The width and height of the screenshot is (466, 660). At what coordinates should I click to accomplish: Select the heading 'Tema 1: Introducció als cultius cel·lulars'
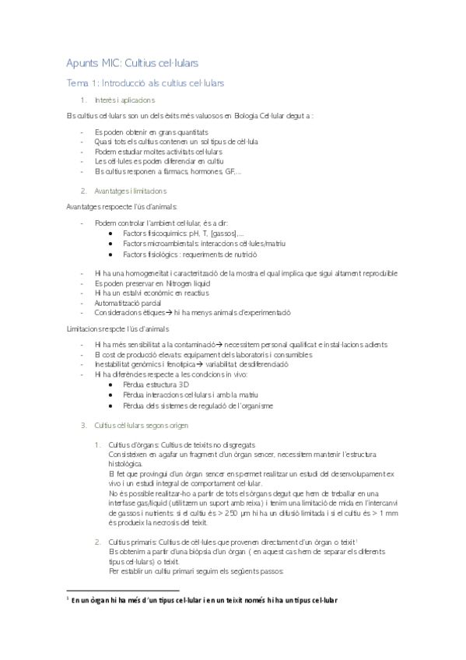[145, 82]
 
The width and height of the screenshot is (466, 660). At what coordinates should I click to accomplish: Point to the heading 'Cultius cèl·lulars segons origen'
[141, 426]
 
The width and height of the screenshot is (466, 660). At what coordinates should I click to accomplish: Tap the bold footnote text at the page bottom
[205, 600]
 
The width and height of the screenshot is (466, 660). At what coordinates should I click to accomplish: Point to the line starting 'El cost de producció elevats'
[203, 354]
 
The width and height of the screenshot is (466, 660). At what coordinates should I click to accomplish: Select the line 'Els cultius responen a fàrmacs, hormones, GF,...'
[167, 171]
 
